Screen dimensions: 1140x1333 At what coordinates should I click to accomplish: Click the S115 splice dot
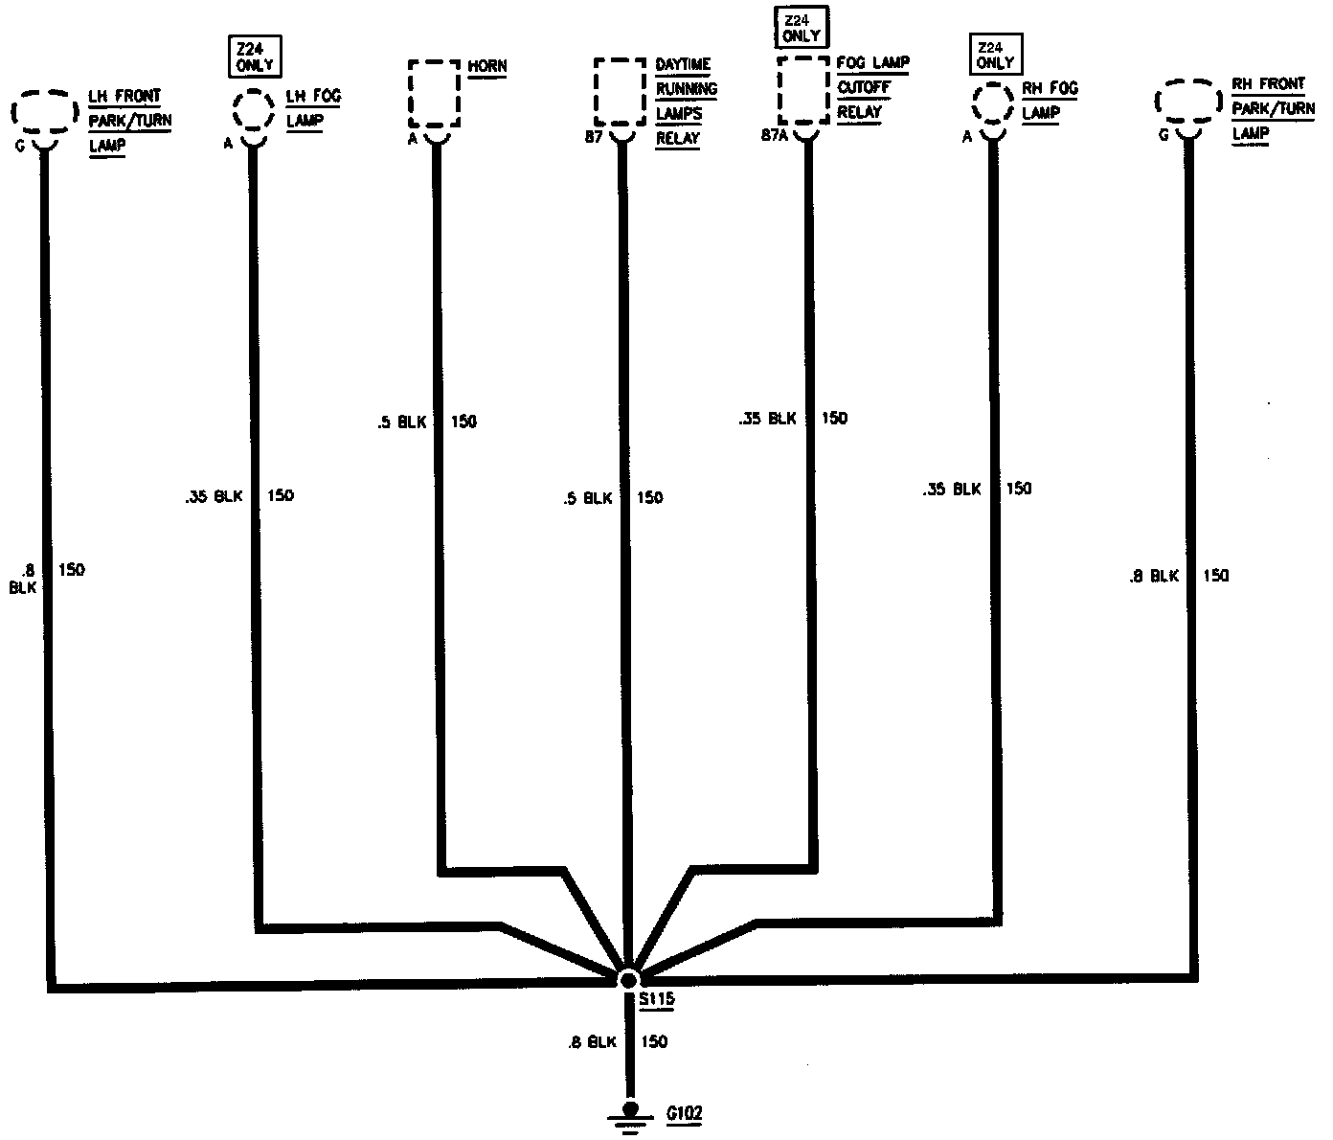(628, 979)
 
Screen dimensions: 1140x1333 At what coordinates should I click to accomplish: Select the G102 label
(684, 1114)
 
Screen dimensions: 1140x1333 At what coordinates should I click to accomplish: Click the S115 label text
(658, 1000)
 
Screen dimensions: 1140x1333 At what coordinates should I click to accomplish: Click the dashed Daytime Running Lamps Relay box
(620, 92)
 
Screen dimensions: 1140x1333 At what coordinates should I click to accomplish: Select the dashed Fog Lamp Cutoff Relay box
(803, 89)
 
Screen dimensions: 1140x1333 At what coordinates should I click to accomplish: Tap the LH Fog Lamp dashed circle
(252, 110)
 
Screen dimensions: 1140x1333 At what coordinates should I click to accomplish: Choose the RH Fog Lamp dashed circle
(993, 104)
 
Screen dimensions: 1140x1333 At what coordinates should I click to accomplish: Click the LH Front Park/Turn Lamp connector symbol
(43, 113)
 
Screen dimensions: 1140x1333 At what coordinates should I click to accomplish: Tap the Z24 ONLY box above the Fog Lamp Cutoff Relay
(802, 27)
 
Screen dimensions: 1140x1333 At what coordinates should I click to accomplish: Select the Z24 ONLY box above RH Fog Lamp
(995, 56)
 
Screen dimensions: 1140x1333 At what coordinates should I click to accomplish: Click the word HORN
(487, 66)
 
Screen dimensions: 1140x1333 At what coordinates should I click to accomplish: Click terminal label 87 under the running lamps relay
(594, 138)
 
